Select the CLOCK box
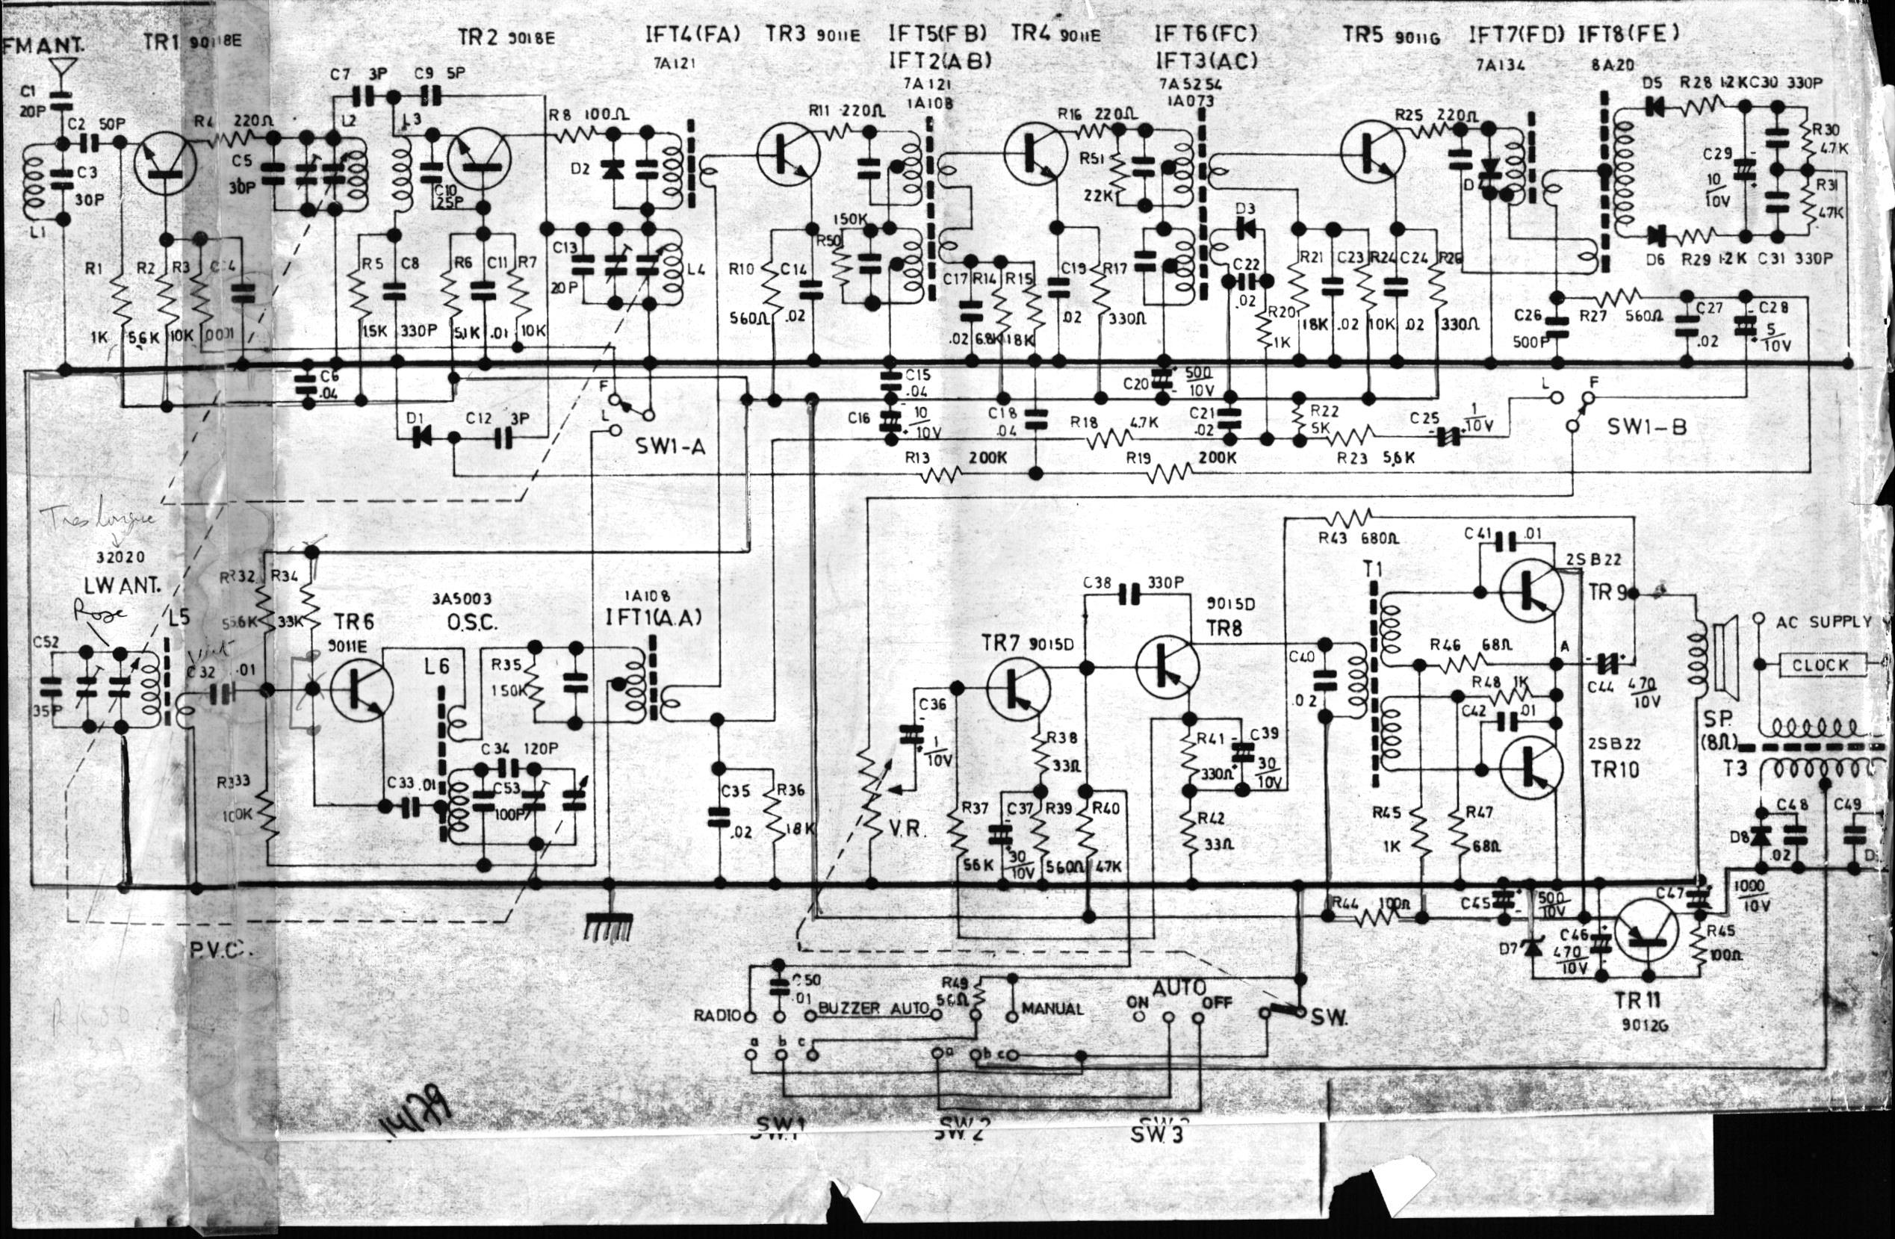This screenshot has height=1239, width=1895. click(x=1820, y=664)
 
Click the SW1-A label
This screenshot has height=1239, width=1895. click(x=671, y=447)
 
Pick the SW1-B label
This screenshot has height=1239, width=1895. click(x=1646, y=426)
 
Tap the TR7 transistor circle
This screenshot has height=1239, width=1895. click(x=1017, y=686)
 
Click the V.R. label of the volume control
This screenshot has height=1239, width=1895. click(x=905, y=828)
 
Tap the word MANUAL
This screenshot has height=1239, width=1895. click(x=1052, y=1009)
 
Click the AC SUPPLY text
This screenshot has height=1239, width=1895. click(x=1823, y=622)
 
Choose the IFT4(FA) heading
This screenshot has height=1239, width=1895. click(x=692, y=34)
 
